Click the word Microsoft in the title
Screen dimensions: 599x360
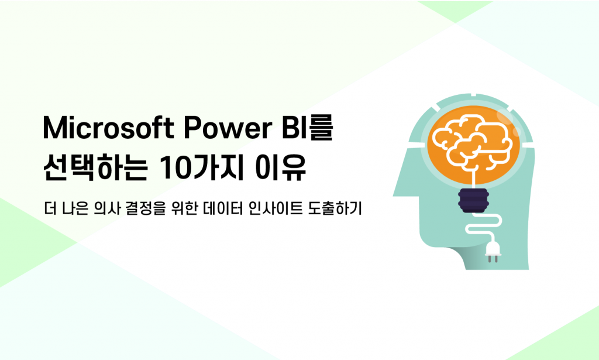[x=108, y=127]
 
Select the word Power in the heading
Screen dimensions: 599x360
[x=228, y=127]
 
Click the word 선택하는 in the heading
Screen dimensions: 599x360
[x=95, y=168]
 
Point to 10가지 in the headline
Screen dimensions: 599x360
[x=201, y=168]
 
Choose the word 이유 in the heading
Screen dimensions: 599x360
[x=281, y=168]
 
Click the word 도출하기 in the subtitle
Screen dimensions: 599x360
[x=334, y=208]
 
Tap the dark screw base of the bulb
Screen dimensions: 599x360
[x=473, y=200]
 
